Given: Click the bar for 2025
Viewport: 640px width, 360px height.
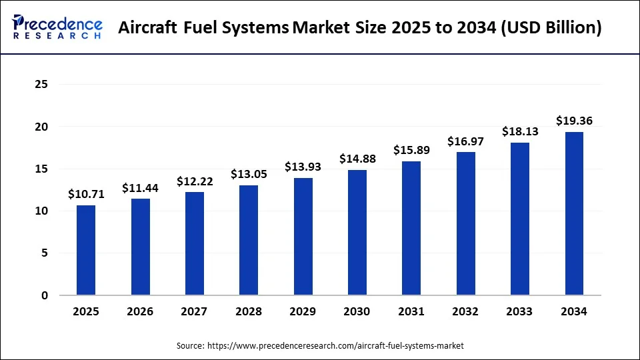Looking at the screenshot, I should (85, 250).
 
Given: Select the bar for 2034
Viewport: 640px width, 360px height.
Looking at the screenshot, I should (574, 213).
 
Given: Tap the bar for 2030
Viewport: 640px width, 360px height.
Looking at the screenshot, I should (357, 232).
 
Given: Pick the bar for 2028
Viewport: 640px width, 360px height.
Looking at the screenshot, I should (248, 240).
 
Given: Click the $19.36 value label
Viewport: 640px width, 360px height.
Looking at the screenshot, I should (574, 121).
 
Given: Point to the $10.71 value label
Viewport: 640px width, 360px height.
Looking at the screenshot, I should (86, 194).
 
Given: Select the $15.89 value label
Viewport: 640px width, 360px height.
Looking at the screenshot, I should (411, 150).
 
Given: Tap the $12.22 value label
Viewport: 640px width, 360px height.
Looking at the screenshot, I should (195, 181).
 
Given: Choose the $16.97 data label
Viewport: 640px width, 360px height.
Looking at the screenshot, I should (466, 141).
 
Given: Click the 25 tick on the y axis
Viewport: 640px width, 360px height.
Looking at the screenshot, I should (42, 85).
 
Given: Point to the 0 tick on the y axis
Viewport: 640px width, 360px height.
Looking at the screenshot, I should (45, 295).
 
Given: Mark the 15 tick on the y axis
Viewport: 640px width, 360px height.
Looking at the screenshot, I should (42, 169).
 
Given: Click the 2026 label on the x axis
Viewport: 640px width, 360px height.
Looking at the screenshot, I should (140, 311).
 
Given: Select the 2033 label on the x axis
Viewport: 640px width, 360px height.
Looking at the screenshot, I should (519, 311).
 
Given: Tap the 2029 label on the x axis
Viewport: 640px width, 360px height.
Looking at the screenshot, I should (303, 311).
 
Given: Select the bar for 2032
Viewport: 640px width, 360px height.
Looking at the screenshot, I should (465, 223).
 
